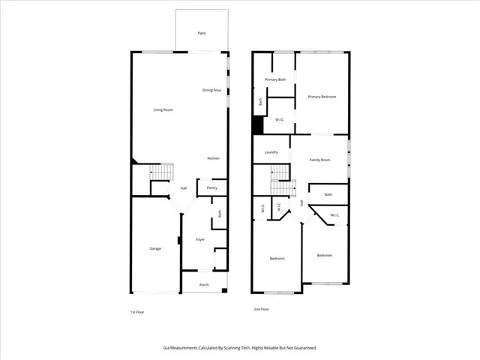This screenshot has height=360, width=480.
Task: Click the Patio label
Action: (x=202, y=34)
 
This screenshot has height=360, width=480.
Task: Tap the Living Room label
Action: (x=163, y=110)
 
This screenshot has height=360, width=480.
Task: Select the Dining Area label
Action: (x=211, y=91)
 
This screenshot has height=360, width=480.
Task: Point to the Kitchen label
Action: (x=213, y=158)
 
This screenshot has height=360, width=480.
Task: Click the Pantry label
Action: (x=212, y=188)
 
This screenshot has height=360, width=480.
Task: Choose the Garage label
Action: (x=155, y=248)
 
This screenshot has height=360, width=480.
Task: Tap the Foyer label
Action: (x=200, y=239)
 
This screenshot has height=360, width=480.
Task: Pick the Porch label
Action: (x=204, y=285)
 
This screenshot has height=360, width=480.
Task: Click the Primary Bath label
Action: (x=275, y=79)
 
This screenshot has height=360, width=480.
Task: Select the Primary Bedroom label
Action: (x=321, y=97)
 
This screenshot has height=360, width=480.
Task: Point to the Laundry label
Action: (x=271, y=152)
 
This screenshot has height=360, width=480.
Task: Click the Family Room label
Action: (x=320, y=160)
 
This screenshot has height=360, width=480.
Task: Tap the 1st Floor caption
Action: (x=137, y=311)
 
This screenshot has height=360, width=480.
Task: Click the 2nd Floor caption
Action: (x=261, y=309)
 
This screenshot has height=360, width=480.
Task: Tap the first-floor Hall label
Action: (x=183, y=188)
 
